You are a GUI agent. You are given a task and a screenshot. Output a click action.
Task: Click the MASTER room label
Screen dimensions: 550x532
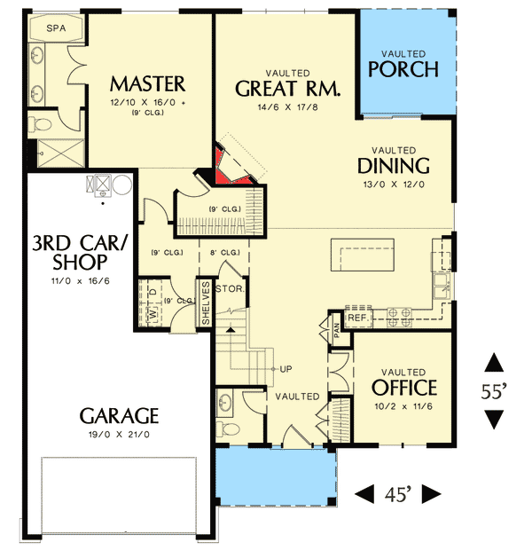click(x=147, y=84)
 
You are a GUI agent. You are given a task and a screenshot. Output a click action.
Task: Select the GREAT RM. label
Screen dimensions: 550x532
click(x=288, y=89)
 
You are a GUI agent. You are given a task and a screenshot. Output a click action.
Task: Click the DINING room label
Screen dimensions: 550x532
click(x=394, y=166)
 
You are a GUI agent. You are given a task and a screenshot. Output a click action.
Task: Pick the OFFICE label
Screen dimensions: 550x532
click(x=404, y=388)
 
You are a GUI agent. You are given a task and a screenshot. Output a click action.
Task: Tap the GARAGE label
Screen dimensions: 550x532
click(x=119, y=415)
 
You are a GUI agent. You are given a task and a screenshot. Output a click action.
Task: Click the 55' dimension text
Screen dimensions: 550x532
click(x=495, y=390)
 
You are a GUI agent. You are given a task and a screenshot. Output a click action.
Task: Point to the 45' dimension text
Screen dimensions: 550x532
click(x=398, y=494)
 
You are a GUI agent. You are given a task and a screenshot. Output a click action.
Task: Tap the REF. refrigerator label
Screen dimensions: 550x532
click(x=357, y=317)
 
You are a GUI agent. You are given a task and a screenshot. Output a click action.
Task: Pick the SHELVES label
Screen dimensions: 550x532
click(x=206, y=303)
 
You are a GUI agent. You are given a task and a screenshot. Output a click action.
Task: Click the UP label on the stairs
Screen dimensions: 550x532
click(x=286, y=369)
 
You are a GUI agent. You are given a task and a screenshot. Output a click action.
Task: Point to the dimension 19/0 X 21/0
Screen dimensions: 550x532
click(x=119, y=435)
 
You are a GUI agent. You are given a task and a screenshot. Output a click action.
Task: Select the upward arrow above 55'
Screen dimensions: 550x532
click(x=494, y=363)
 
